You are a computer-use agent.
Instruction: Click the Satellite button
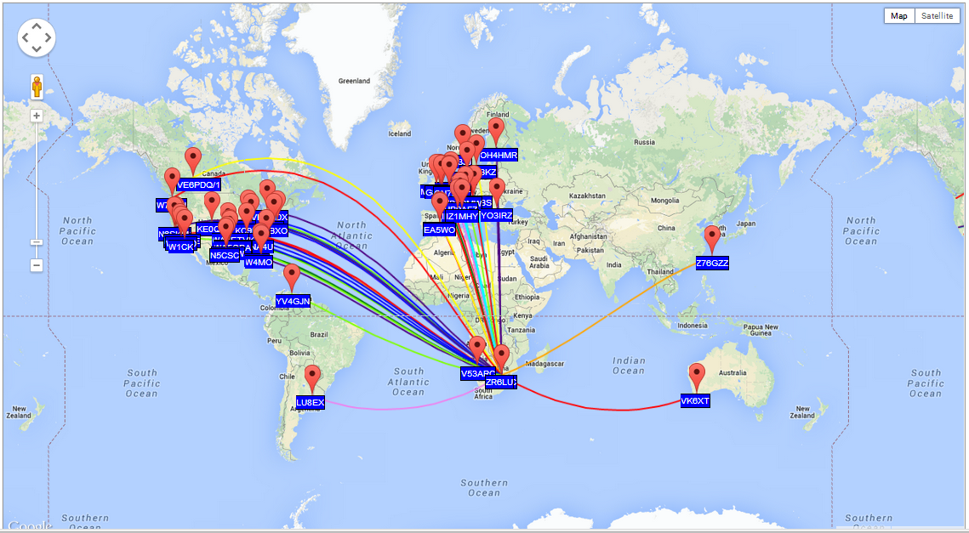936,15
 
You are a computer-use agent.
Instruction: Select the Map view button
899,15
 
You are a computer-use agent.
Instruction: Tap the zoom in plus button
37,116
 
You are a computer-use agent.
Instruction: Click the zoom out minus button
37,265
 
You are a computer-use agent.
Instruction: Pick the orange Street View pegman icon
37,87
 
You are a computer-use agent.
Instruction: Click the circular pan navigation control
37,37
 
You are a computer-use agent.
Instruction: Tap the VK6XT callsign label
695,401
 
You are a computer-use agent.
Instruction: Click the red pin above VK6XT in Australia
697,377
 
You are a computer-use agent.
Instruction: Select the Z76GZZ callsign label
712,264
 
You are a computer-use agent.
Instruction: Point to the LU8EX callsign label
310,402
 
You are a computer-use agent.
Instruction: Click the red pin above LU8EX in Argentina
312,378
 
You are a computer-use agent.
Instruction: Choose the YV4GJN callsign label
293,301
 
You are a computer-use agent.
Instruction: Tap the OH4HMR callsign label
499,156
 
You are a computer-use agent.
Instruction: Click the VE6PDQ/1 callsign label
198,185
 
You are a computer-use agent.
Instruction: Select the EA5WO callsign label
440,230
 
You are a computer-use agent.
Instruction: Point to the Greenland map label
354,82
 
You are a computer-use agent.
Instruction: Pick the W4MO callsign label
258,263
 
